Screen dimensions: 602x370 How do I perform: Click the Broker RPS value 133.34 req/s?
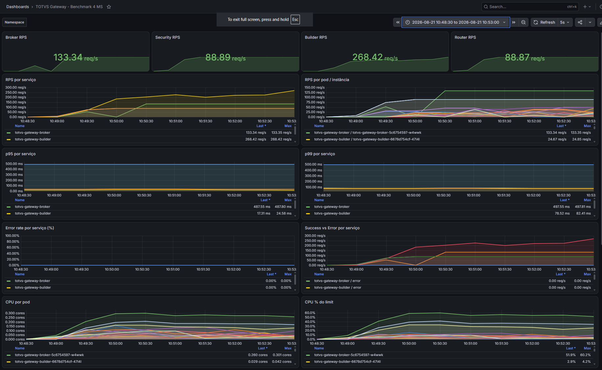(x=76, y=58)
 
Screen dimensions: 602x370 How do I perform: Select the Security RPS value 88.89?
(x=218, y=58)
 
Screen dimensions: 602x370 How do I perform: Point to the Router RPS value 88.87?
(x=517, y=58)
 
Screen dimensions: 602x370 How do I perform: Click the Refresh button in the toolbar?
(x=544, y=22)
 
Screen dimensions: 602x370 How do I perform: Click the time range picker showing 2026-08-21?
(x=455, y=22)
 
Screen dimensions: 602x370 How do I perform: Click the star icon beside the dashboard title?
(x=109, y=7)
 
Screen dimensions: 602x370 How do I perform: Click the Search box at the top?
(x=530, y=7)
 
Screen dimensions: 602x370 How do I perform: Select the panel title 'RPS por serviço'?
(x=21, y=80)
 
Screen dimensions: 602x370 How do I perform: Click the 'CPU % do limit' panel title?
(x=319, y=302)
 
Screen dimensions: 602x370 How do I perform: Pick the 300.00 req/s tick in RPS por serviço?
(x=16, y=87)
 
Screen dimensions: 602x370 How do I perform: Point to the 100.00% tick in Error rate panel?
(x=12, y=236)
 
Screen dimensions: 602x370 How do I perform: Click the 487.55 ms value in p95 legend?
(x=262, y=207)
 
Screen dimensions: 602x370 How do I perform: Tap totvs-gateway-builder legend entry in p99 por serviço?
(x=332, y=213)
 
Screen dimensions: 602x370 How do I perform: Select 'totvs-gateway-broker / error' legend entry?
(x=337, y=281)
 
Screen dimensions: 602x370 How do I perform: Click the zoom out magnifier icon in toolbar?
(x=523, y=22)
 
